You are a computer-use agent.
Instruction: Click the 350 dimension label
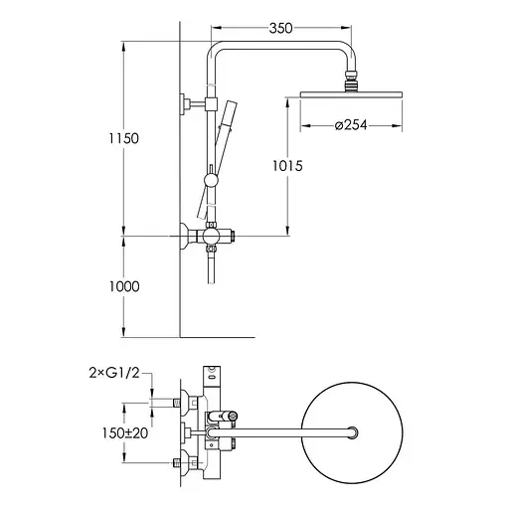point(280,28)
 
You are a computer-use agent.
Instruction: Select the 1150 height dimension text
point(124,138)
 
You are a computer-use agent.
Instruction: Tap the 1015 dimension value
point(287,166)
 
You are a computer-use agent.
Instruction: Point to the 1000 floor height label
point(124,286)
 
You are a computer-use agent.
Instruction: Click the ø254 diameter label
point(351,125)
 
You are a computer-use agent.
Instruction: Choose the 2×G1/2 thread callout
point(114,373)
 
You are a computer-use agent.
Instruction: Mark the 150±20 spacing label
point(125,432)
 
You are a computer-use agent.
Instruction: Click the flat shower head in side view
point(351,94)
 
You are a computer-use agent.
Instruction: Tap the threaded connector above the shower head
point(351,81)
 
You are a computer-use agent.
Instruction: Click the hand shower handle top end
point(231,103)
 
